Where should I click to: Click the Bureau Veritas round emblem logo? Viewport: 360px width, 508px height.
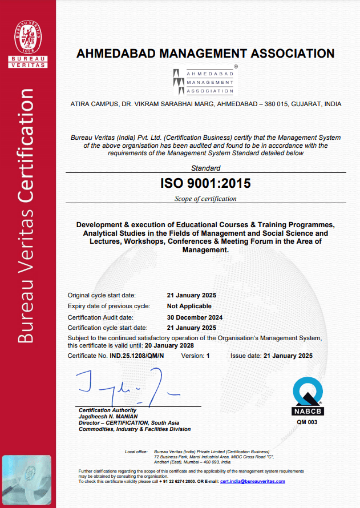click(27, 33)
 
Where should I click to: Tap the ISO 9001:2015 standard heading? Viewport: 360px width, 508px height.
click(205, 184)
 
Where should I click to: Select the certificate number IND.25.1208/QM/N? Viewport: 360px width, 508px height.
click(137, 356)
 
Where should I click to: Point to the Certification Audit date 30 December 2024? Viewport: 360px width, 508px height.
click(195, 317)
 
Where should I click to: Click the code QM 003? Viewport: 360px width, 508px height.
click(308, 422)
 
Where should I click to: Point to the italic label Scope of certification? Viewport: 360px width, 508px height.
click(205, 199)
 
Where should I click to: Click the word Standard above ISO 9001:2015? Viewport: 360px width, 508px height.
click(205, 168)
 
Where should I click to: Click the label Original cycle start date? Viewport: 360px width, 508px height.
click(102, 296)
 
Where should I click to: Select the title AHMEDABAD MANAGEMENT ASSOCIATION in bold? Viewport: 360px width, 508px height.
click(205, 54)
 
